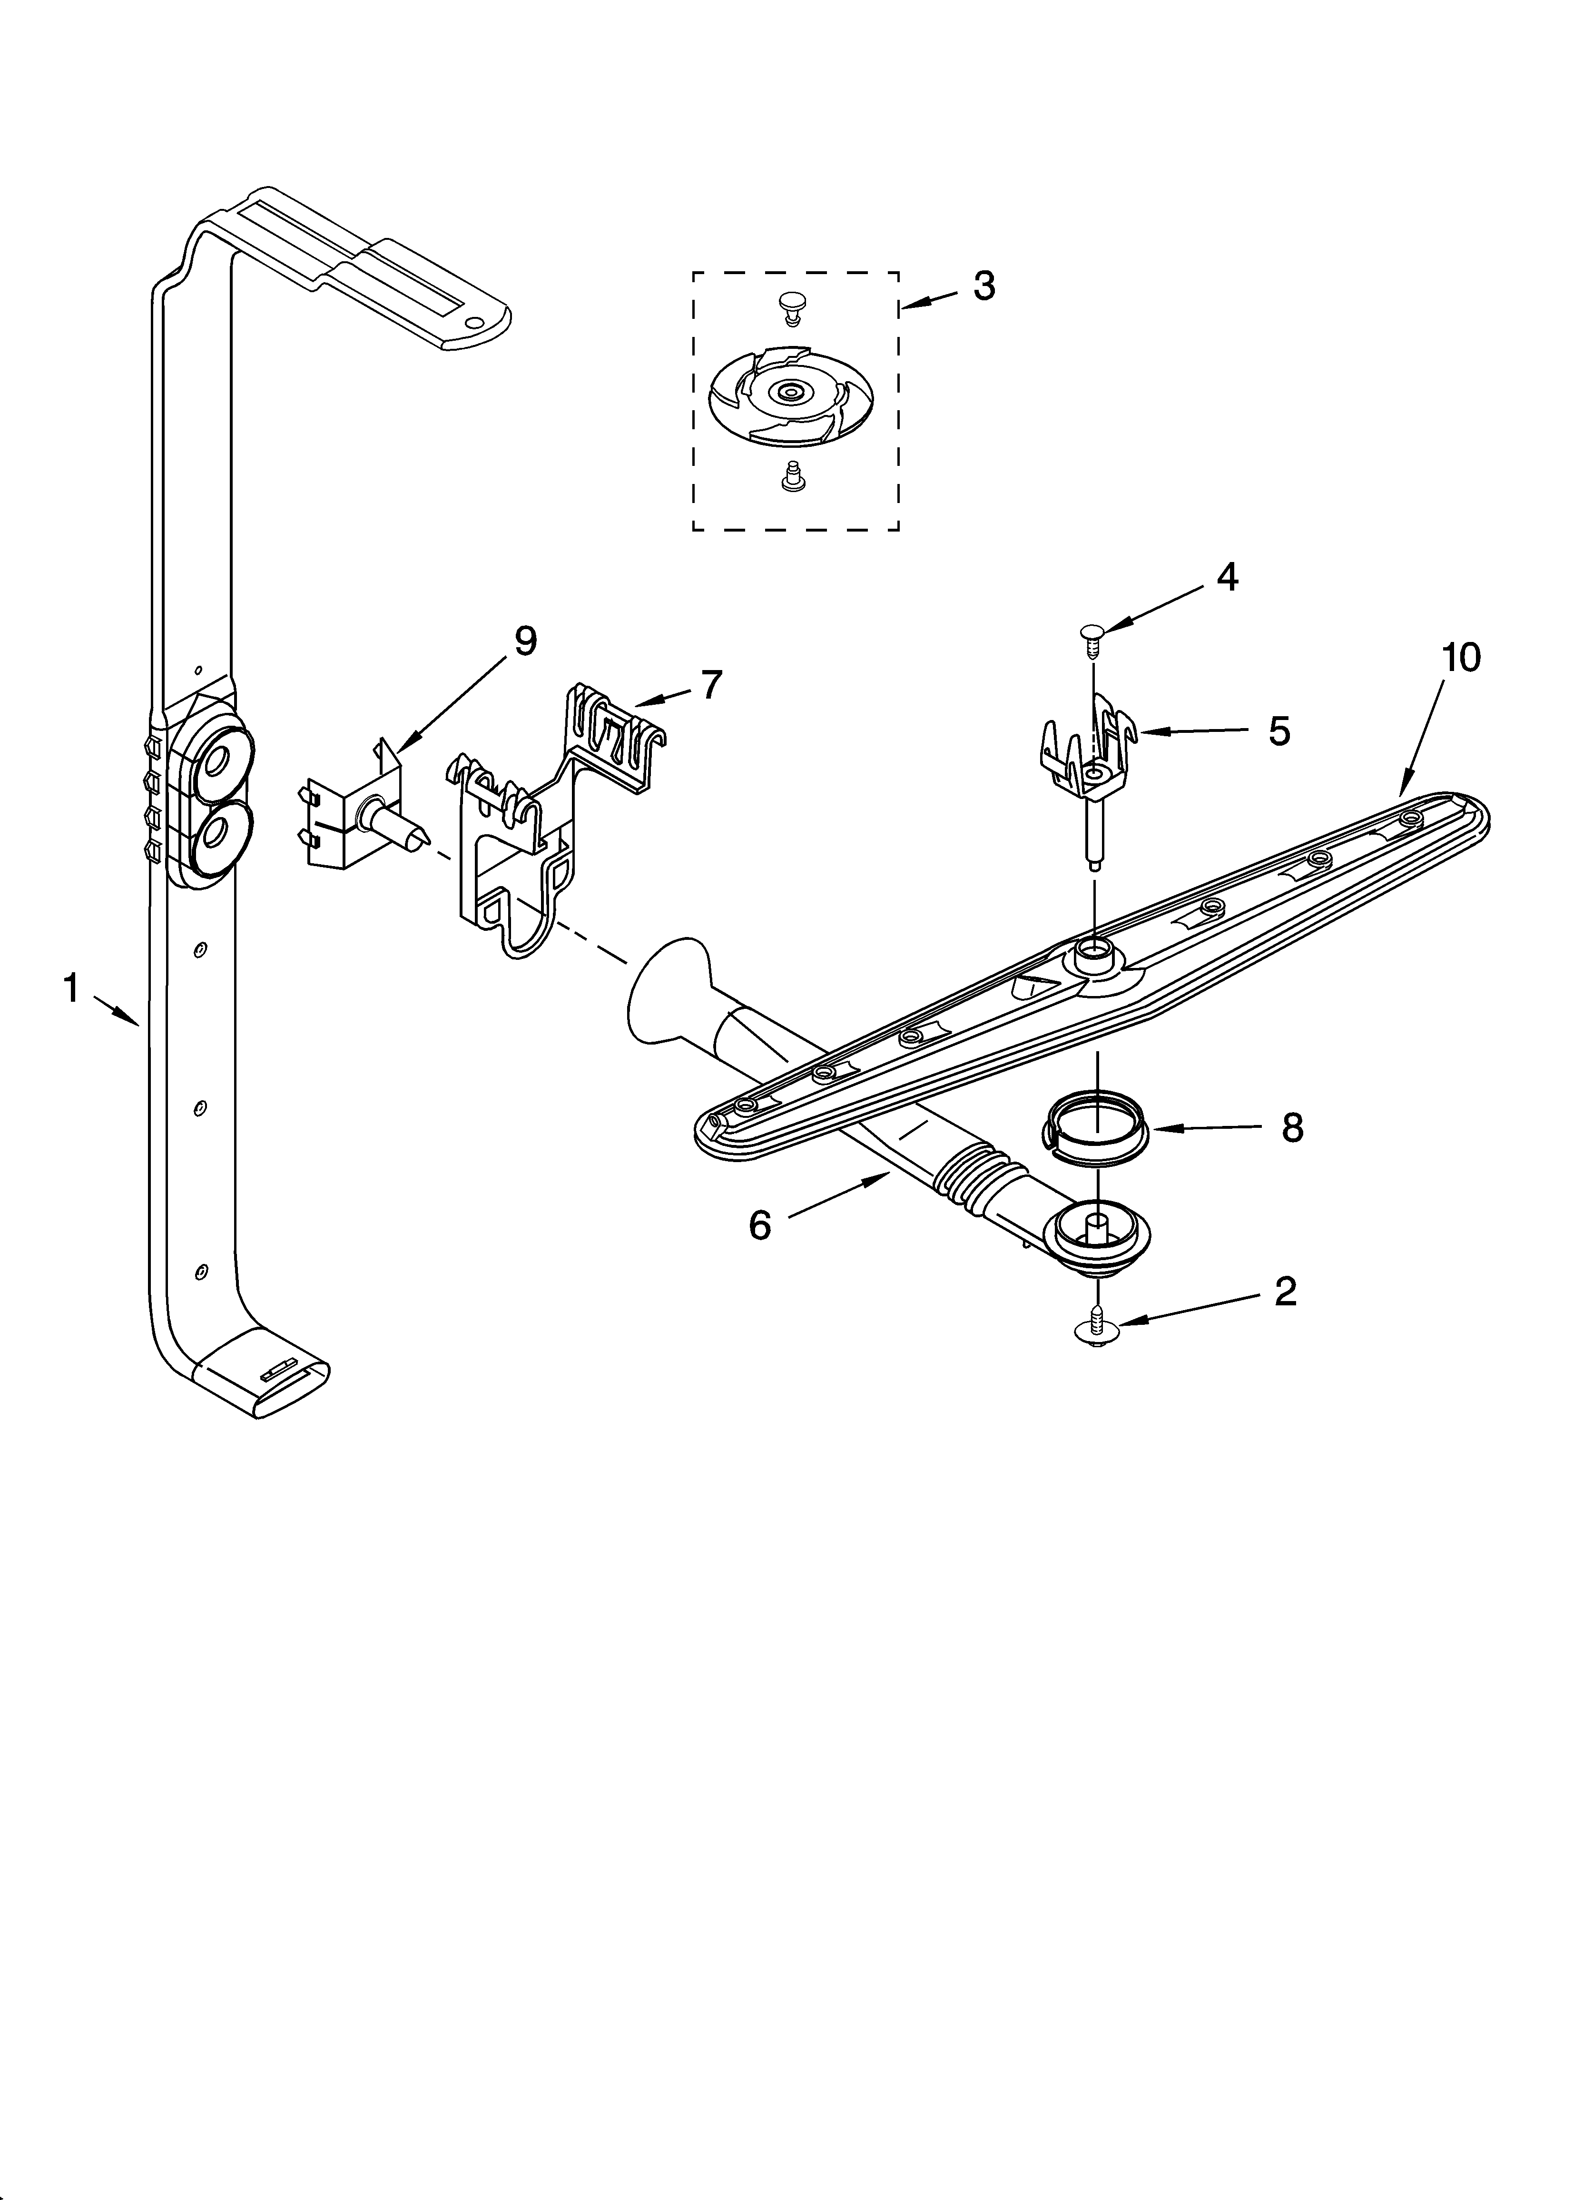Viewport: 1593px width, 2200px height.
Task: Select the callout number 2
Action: [1285, 1291]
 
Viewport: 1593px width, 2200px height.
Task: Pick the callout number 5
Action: [1279, 731]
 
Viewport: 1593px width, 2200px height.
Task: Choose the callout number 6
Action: [760, 1225]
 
